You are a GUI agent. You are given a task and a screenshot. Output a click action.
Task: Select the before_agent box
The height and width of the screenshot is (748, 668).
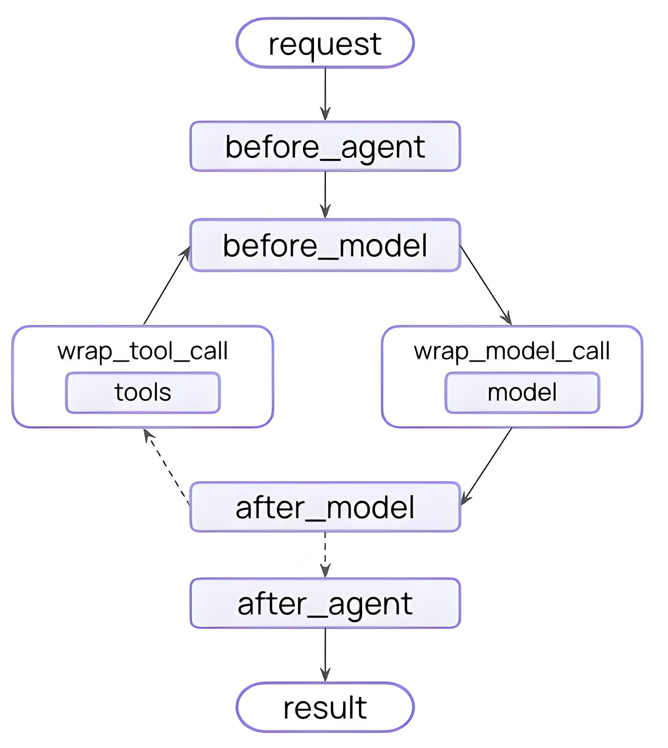pyautogui.click(x=325, y=146)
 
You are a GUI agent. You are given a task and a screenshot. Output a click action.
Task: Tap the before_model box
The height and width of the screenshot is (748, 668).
pyautogui.click(x=325, y=245)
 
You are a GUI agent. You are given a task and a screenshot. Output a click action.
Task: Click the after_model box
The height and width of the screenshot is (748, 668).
pyautogui.click(x=325, y=507)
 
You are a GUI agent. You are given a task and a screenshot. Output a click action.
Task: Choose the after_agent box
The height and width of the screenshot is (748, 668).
pyautogui.click(x=325, y=604)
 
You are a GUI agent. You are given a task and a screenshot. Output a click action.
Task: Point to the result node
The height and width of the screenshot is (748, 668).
pyautogui.click(x=325, y=707)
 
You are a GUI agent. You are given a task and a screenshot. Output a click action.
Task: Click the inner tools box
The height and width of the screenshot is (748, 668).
pyautogui.click(x=143, y=393)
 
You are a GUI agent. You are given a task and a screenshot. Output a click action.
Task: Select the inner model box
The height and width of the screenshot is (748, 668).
pyautogui.click(x=522, y=393)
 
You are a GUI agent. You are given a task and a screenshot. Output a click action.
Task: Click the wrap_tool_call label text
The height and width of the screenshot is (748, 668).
pyautogui.click(x=143, y=352)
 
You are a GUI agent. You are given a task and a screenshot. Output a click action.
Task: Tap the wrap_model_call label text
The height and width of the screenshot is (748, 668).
pyautogui.click(x=512, y=352)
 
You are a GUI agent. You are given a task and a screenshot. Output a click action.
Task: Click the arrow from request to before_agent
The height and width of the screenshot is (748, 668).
pyautogui.click(x=325, y=94)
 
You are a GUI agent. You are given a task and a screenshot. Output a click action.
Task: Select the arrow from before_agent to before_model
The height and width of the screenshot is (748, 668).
pyautogui.click(x=325, y=195)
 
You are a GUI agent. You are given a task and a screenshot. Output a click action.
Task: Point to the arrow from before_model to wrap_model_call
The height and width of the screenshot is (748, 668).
pyautogui.click(x=486, y=285)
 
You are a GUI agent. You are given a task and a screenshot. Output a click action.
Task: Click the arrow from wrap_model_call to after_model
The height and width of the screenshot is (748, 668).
pyautogui.click(x=486, y=466)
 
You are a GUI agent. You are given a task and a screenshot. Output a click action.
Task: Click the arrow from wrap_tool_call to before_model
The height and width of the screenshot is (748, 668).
pyautogui.click(x=167, y=286)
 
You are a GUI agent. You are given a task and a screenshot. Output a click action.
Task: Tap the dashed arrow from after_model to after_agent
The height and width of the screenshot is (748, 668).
pyautogui.click(x=325, y=555)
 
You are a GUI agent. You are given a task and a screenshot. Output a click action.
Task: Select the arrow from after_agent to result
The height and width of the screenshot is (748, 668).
pyautogui.click(x=325, y=655)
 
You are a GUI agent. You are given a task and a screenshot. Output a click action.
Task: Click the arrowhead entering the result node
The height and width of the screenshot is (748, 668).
pyautogui.click(x=325, y=675)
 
